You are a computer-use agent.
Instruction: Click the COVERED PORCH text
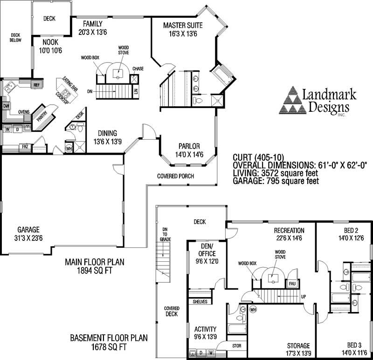(175, 176)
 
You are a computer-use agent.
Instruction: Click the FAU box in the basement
(292, 284)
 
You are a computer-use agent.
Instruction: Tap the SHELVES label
(200, 302)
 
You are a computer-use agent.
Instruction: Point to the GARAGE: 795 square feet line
(276, 181)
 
